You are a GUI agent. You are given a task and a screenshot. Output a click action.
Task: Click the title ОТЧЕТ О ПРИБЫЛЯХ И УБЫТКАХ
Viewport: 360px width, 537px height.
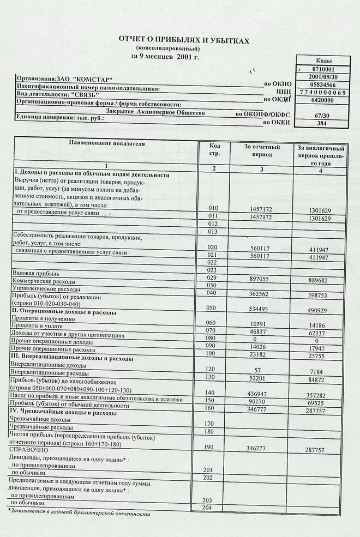(184, 41)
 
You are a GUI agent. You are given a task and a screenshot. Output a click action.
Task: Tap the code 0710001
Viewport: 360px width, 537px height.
(323, 69)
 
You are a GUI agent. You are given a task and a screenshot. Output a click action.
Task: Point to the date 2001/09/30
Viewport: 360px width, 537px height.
(323, 77)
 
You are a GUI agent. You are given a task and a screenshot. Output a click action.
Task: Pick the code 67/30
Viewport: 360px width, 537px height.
(322, 115)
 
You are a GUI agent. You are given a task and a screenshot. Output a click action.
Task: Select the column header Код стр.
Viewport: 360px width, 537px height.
(214, 149)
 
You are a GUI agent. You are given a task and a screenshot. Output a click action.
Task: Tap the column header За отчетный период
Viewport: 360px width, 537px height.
(262, 150)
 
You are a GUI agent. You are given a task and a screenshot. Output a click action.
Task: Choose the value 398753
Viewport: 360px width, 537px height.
(318, 294)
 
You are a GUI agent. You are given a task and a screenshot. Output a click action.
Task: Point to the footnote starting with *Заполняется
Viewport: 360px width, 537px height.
(79, 513)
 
